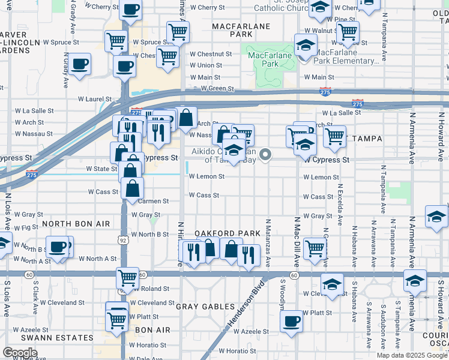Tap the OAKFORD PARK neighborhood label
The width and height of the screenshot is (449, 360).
click(x=227, y=233)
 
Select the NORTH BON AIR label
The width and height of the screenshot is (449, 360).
click(x=76, y=224)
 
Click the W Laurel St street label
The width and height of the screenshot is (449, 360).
click(x=95, y=99)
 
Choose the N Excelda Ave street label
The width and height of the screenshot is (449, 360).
click(x=339, y=205)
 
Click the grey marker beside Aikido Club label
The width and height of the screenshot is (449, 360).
click(x=264, y=154)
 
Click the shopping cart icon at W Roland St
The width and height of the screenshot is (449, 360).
click(x=127, y=277)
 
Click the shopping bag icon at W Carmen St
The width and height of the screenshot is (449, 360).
click(x=132, y=188)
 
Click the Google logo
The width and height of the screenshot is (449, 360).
click(x=20, y=353)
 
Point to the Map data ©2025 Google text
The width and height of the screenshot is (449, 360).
click(x=411, y=355)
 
